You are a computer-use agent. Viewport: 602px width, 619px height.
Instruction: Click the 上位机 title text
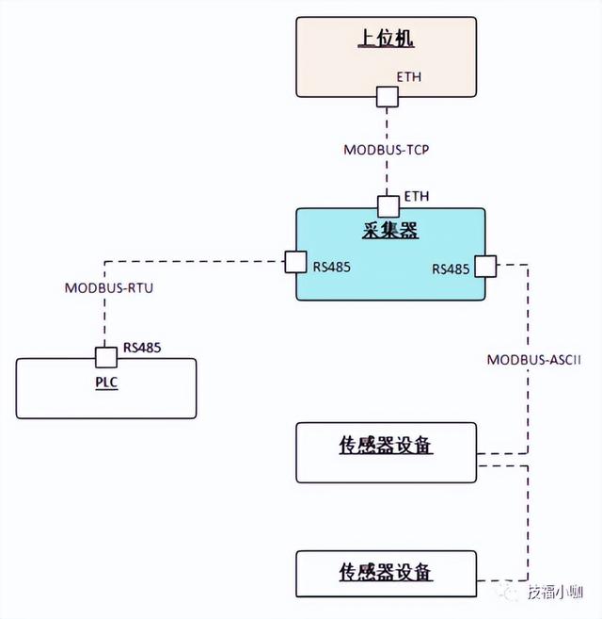click(387, 39)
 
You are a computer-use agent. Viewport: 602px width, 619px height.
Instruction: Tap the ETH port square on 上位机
click(387, 96)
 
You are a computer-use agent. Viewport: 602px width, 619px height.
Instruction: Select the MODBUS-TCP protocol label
click(386, 149)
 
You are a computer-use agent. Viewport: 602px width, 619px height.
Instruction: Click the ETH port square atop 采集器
click(387, 205)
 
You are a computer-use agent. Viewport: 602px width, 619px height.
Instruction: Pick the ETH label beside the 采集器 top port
click(416, 196)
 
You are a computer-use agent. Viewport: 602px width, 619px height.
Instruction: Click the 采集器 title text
click(389, 230)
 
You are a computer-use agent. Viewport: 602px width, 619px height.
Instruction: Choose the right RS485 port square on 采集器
click(485, 267)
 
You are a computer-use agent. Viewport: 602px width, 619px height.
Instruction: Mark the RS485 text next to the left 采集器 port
click(331, 267)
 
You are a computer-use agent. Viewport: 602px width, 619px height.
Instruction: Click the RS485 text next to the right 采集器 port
click(451, 269)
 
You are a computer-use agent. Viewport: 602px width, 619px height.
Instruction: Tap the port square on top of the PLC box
click(104, 358)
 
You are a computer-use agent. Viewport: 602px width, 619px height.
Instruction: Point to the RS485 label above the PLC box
click(141, 348)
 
